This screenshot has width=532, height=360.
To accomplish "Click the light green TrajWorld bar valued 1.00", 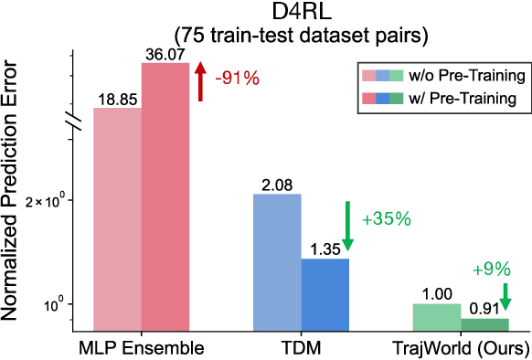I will [x=437, y=317].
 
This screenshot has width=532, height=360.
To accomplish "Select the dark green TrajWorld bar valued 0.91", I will [x=484, y=323].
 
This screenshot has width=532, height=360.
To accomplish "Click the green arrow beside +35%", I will [x=348, y=221].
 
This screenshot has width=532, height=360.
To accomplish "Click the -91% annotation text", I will [x=235, y=79].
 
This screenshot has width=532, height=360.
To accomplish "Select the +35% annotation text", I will [x=387, y=219].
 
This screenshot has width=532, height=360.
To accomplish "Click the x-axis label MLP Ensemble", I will [x=141, y=348].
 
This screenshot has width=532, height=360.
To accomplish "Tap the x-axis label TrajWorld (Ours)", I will [x=460, y=348].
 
